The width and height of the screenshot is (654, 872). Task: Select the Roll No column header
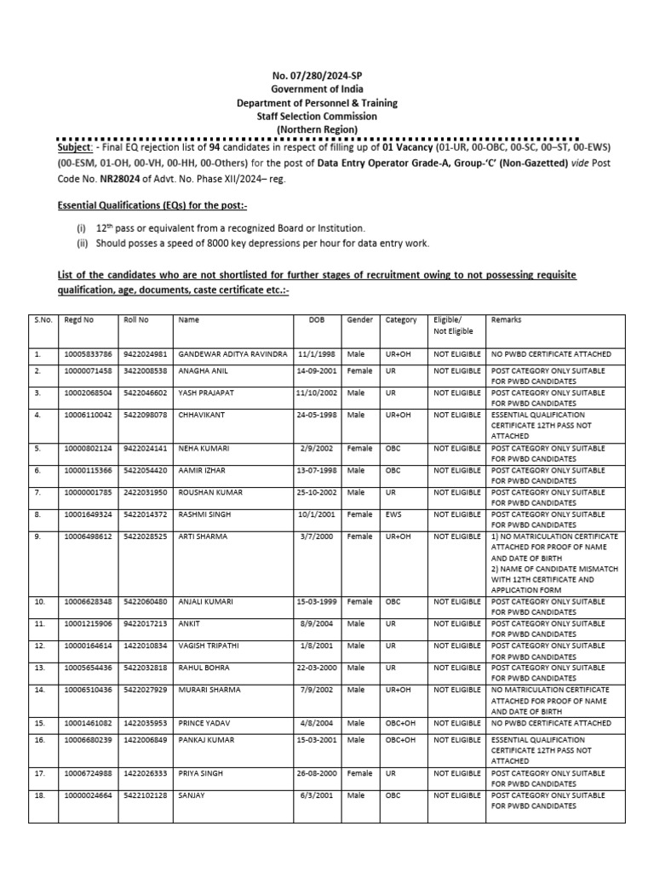pos(136,320)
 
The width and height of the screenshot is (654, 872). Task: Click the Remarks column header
pos(507,320)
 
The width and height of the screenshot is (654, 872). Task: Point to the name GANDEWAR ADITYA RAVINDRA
pos(233,353)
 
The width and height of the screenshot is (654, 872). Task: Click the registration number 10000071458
pos(89,371)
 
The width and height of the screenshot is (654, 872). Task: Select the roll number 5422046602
pos(146,393)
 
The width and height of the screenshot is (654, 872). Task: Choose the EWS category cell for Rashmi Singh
pos(393,514)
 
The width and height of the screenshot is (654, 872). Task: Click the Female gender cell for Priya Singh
pos(359,773)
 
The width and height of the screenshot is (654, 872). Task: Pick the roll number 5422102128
pos(146,795)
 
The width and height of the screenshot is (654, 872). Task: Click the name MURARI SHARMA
pos(209,690)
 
